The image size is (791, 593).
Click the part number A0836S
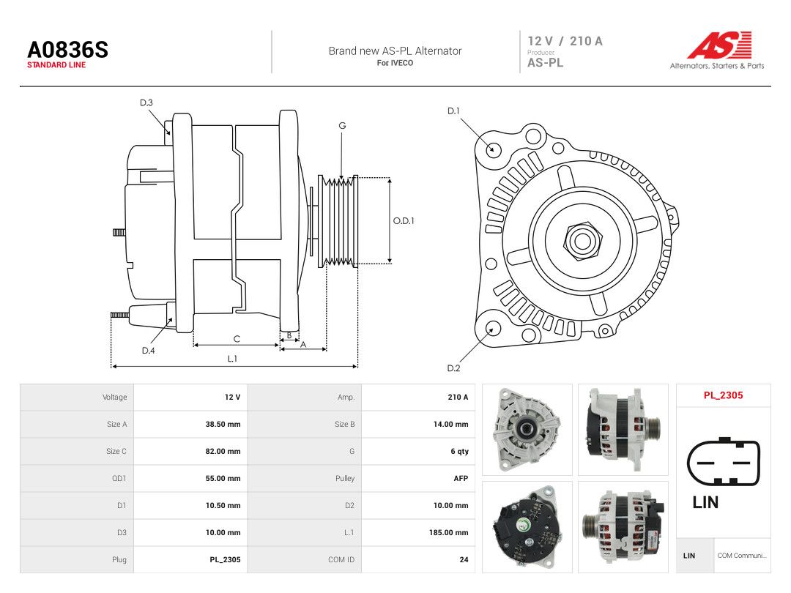[67, 50]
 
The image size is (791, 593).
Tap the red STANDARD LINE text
[56, 65]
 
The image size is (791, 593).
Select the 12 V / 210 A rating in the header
[565, 41]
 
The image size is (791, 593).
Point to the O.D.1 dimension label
[404, 221]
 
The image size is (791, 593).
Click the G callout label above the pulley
[342, 126]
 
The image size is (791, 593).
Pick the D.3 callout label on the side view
[146, 103]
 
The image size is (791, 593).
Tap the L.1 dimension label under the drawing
[232, 359]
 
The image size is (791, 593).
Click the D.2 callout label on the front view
[453, 368]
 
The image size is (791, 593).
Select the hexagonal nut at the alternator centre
[582, 241]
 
